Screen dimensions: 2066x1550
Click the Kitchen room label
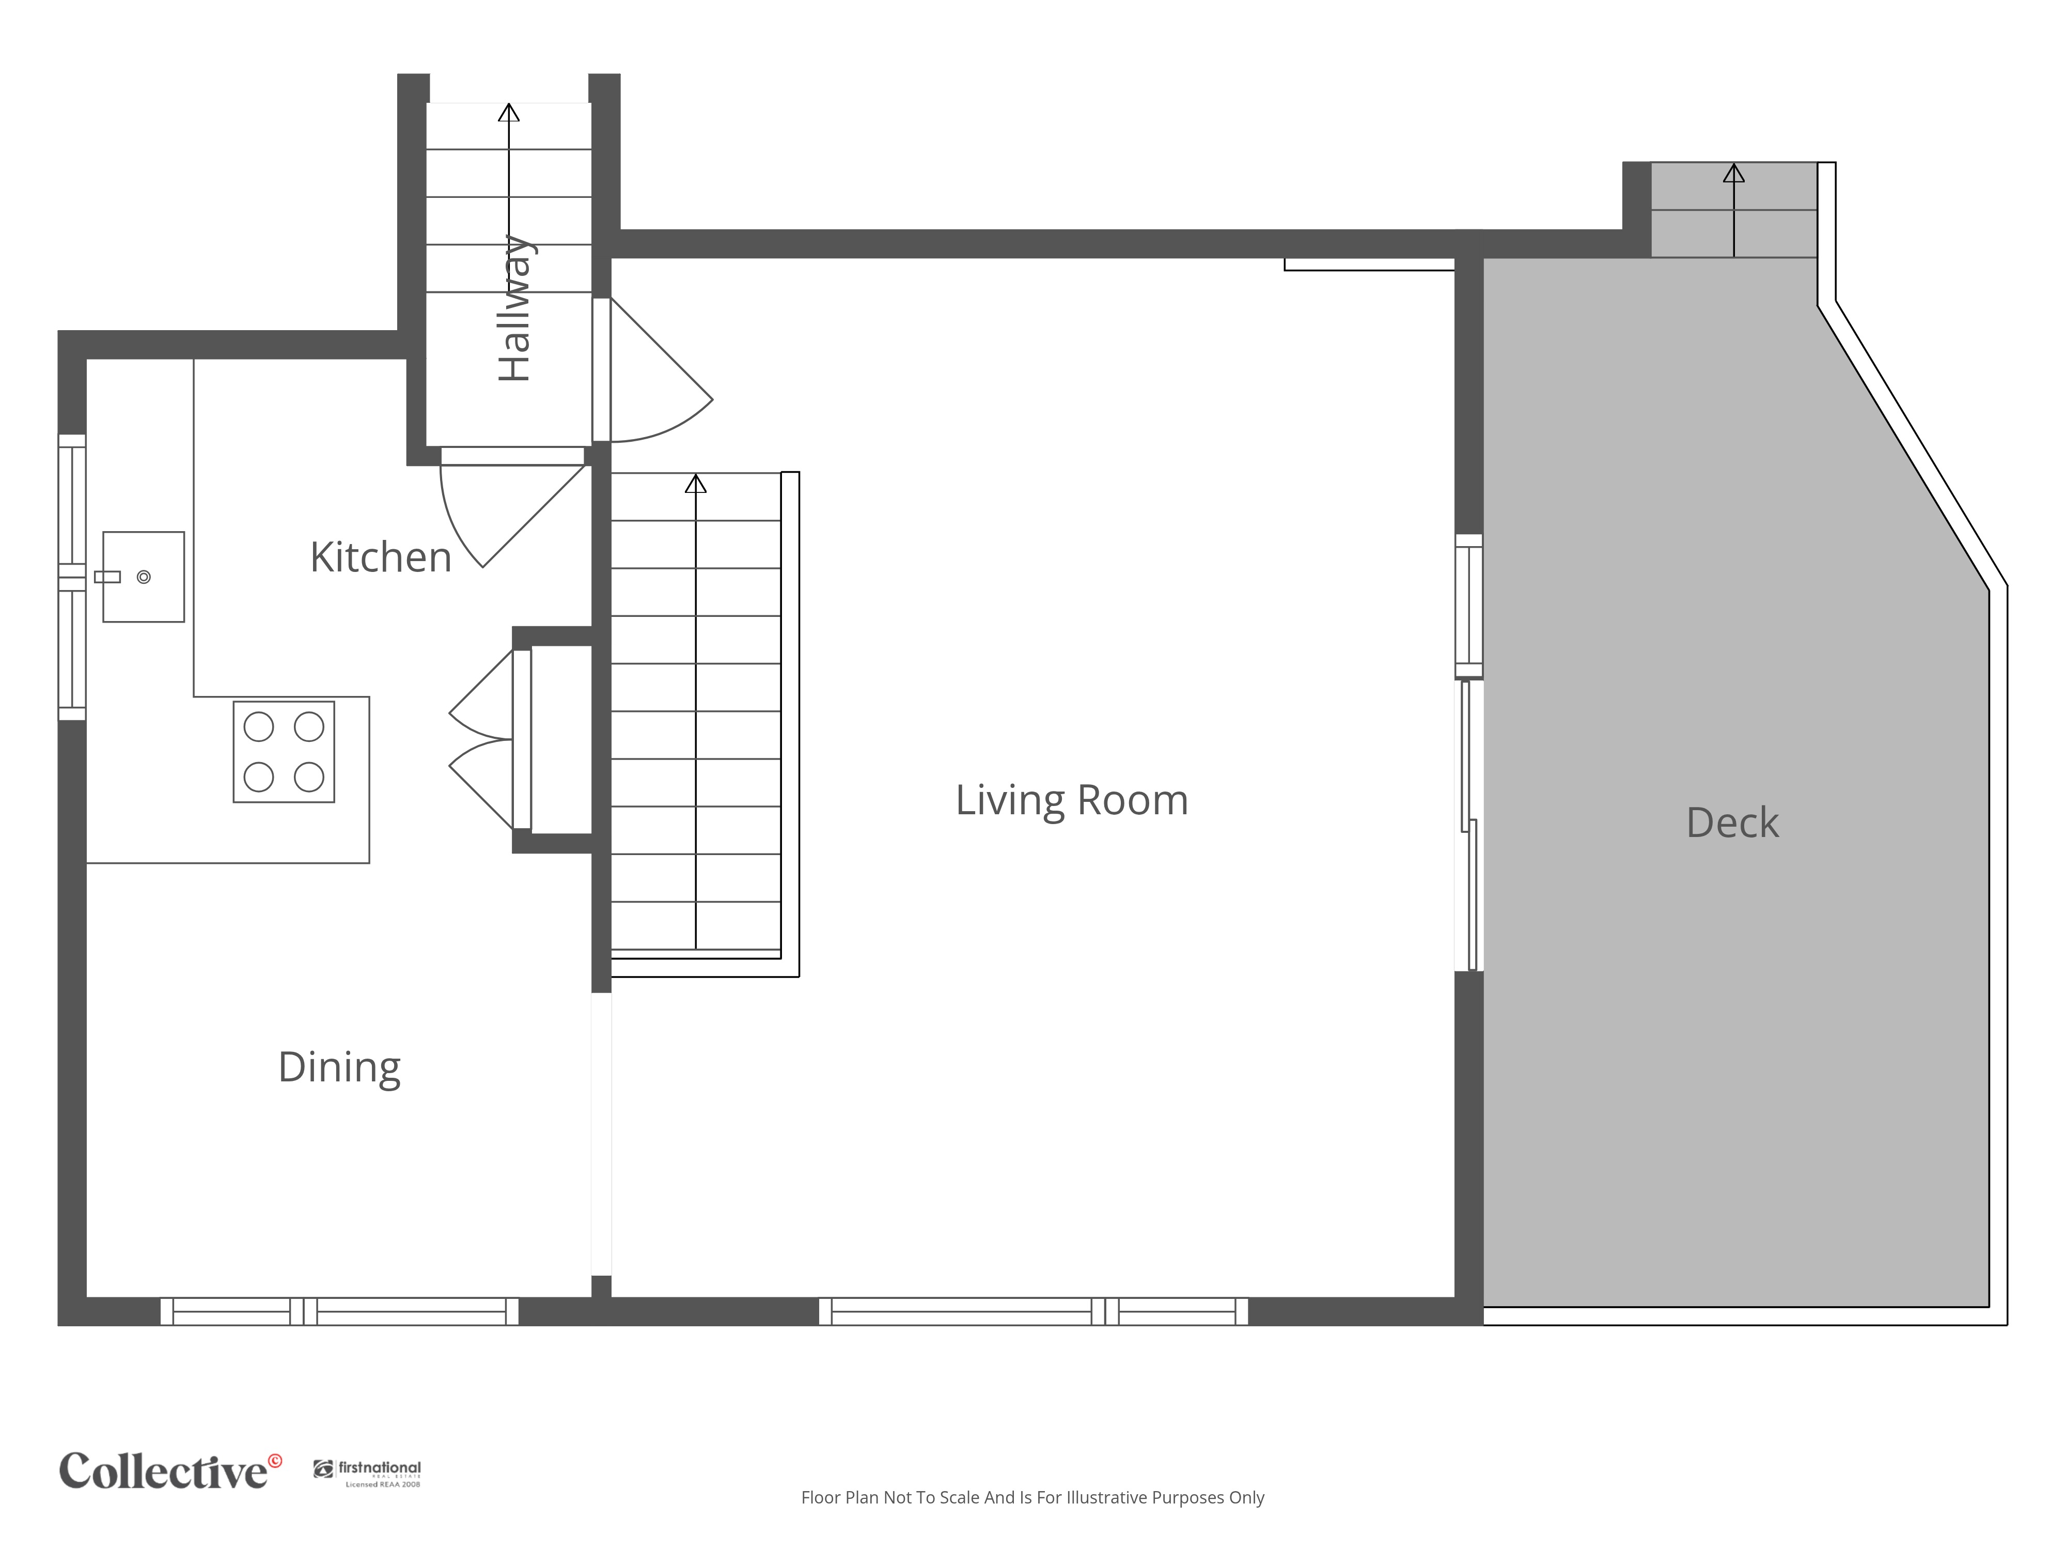381,558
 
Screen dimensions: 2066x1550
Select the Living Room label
1071,801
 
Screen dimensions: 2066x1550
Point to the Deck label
1732,823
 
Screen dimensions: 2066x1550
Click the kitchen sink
143,577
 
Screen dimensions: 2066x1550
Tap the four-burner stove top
284,752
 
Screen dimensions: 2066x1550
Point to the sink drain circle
144,578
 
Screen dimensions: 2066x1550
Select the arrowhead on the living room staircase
696,484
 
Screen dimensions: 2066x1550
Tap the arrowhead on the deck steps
1733,173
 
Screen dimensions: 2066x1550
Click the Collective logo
170,1470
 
